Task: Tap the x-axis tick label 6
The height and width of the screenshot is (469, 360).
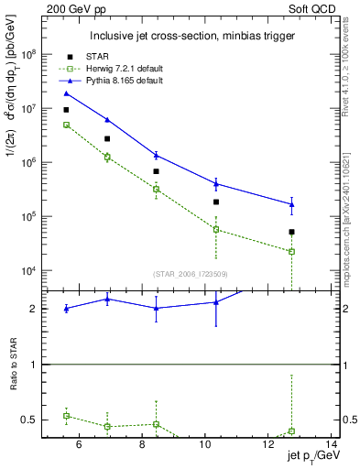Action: point(79,445)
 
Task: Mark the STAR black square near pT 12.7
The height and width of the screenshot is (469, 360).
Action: point(291,232)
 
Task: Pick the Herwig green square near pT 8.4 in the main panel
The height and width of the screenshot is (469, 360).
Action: point(157,190)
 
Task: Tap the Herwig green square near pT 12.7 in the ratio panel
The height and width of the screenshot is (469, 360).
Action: point(291,431)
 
